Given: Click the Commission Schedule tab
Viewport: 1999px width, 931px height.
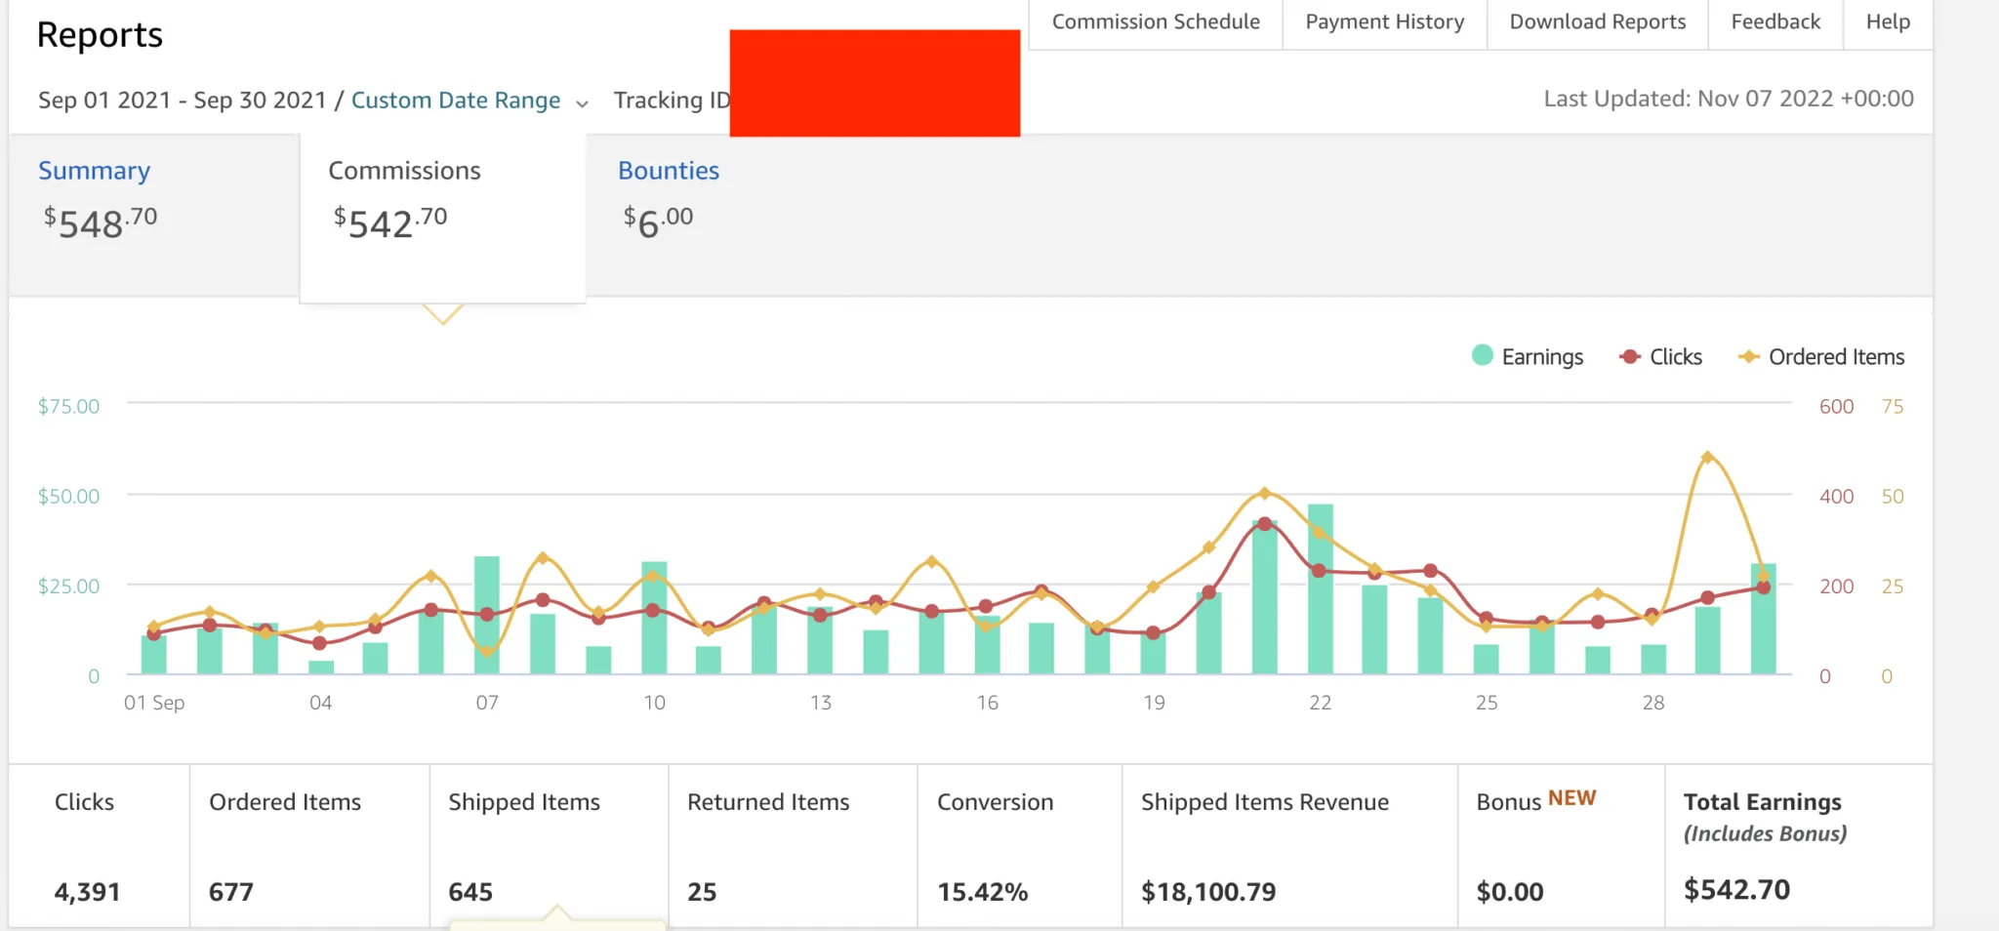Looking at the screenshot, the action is tap(1156, 22).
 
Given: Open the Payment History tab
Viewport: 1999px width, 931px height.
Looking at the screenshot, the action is tap(1384, 22).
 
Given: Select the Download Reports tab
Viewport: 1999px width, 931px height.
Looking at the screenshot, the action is tap(1597, 22).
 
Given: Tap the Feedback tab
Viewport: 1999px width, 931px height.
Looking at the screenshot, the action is tap(1775, 22).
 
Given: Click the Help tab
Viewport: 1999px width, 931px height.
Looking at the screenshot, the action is tap(1888, 22).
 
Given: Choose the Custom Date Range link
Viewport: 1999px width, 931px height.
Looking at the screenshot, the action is tap(456, 101).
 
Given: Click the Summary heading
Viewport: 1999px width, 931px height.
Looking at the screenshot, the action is tap(95, 171).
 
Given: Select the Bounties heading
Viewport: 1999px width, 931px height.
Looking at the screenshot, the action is tap(669, 171).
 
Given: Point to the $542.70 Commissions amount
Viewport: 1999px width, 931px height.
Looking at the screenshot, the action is tap(390, 223).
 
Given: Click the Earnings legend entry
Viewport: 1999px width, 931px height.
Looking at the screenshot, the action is tap(1528, 356).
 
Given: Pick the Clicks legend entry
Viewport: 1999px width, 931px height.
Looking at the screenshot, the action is tap(1660, 356).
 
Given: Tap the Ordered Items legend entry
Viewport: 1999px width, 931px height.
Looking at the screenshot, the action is tap(1821, 356).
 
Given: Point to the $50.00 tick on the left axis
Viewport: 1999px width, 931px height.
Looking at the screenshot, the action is tap(68, 496).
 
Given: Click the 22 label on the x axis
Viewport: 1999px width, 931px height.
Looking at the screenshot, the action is tap(1320, 703).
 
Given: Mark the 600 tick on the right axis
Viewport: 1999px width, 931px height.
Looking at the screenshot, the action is tap(1836, 406).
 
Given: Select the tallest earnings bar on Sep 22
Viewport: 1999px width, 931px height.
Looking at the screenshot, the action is tap(1321, 588).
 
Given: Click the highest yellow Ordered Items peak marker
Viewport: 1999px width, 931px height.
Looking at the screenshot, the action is tap(1707, 457).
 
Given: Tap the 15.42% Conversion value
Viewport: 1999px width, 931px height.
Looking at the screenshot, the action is tap(983, 892).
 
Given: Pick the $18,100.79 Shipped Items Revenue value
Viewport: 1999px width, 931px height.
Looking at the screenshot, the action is tap(1208, 892).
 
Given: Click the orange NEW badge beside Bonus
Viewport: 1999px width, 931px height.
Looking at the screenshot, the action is tap(1571, 798).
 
